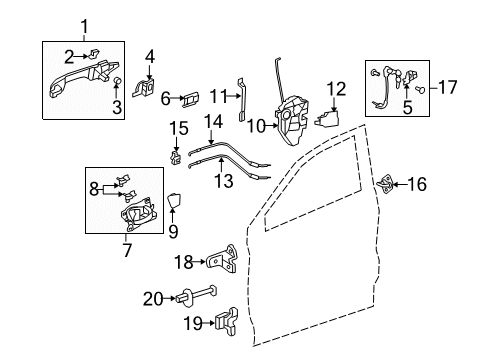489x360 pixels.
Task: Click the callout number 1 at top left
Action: click(x=83, y=26)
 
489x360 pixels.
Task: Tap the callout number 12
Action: click(x=336, y=88)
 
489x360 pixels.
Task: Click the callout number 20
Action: click(x=151, y=296)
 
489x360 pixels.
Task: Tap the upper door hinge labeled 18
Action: click(x=225, y=261)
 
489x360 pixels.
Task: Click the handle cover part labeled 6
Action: click(x=192, y=98)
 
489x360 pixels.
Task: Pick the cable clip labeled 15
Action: click(x=176, y=155)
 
